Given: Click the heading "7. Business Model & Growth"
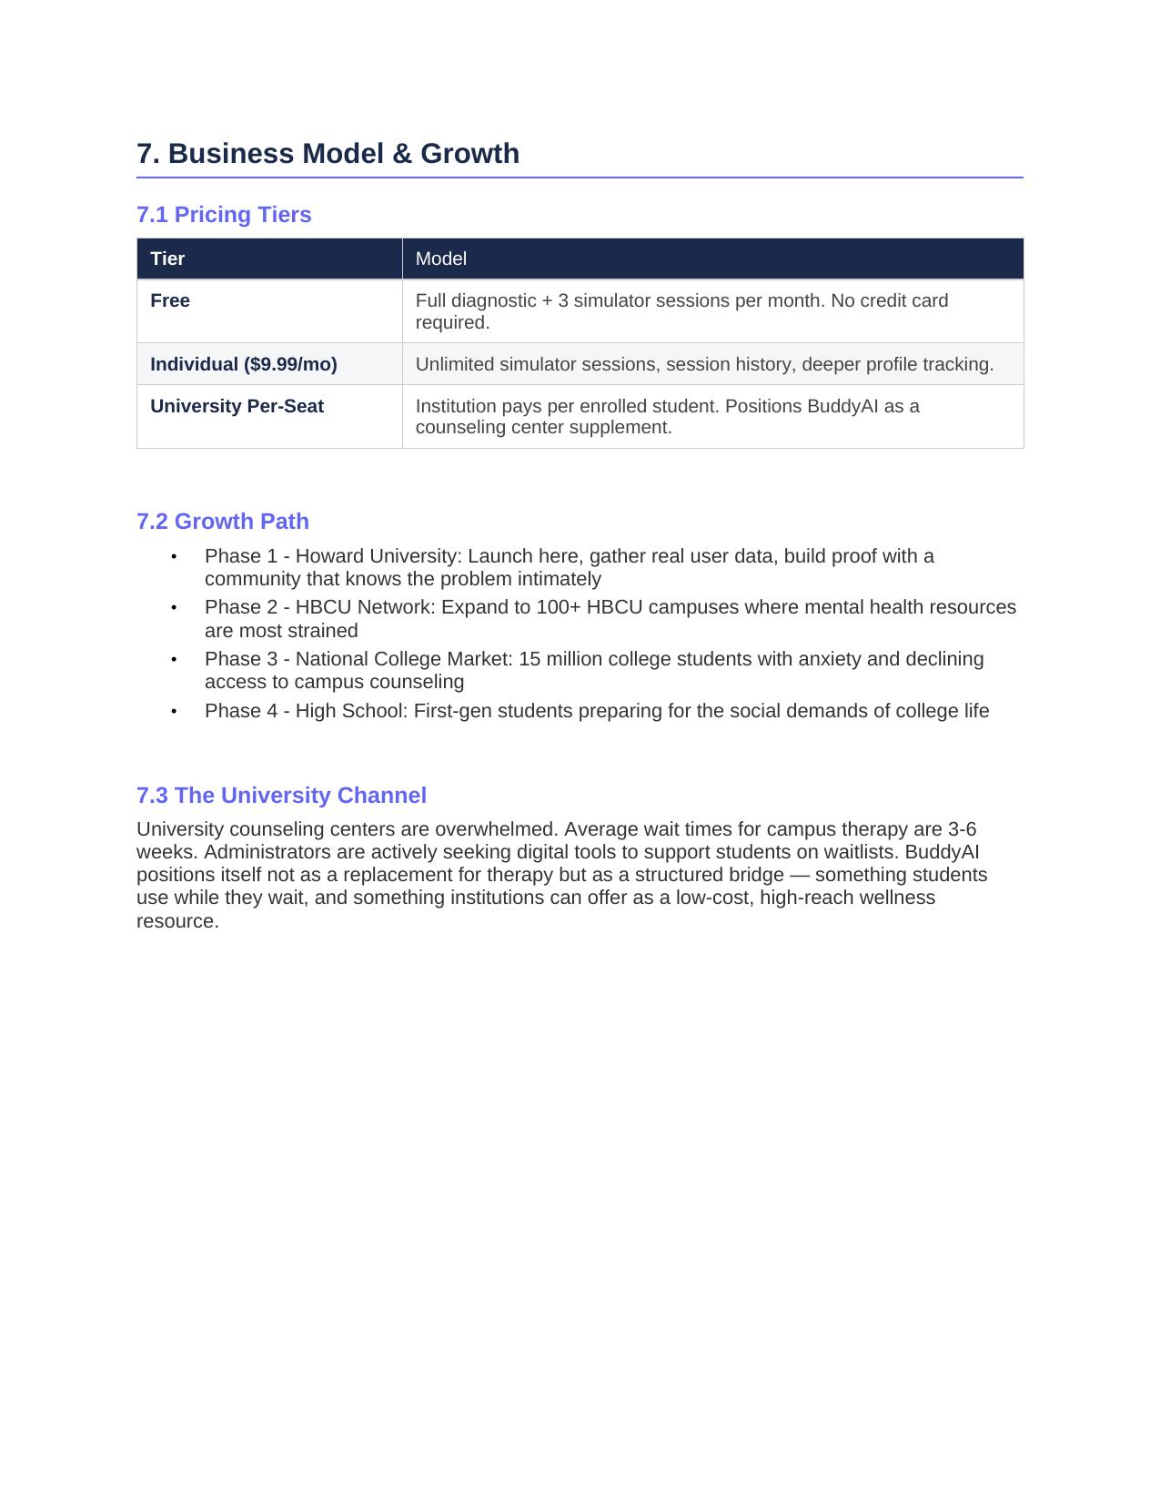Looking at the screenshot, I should coord(328,153).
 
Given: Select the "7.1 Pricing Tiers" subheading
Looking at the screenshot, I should coord(224,215).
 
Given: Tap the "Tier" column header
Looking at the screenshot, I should coord(167,259).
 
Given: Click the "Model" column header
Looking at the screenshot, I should coord(440,259).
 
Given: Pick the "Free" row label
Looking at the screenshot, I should coord(170,300).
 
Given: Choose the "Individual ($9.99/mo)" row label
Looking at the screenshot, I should coord(243,364).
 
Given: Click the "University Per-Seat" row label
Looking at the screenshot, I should coord(237,406).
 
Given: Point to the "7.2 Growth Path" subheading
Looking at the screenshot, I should coord(223,522).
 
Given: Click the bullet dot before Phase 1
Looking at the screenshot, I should coord(174,556).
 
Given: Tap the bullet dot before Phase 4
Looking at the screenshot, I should coord(174,711).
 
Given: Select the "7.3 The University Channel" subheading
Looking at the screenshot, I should coord(281,796).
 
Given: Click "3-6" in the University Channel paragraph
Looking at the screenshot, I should coord(962,829).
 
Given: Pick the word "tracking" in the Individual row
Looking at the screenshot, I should coord(957,364).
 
